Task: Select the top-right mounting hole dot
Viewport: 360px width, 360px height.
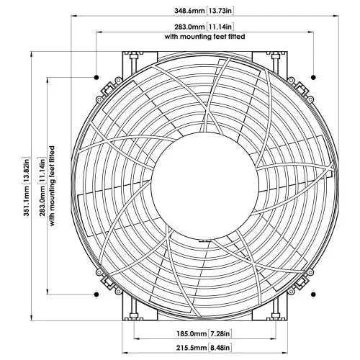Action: (x=313, y=76)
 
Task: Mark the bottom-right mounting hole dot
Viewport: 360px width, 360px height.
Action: (x=313, y=294)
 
